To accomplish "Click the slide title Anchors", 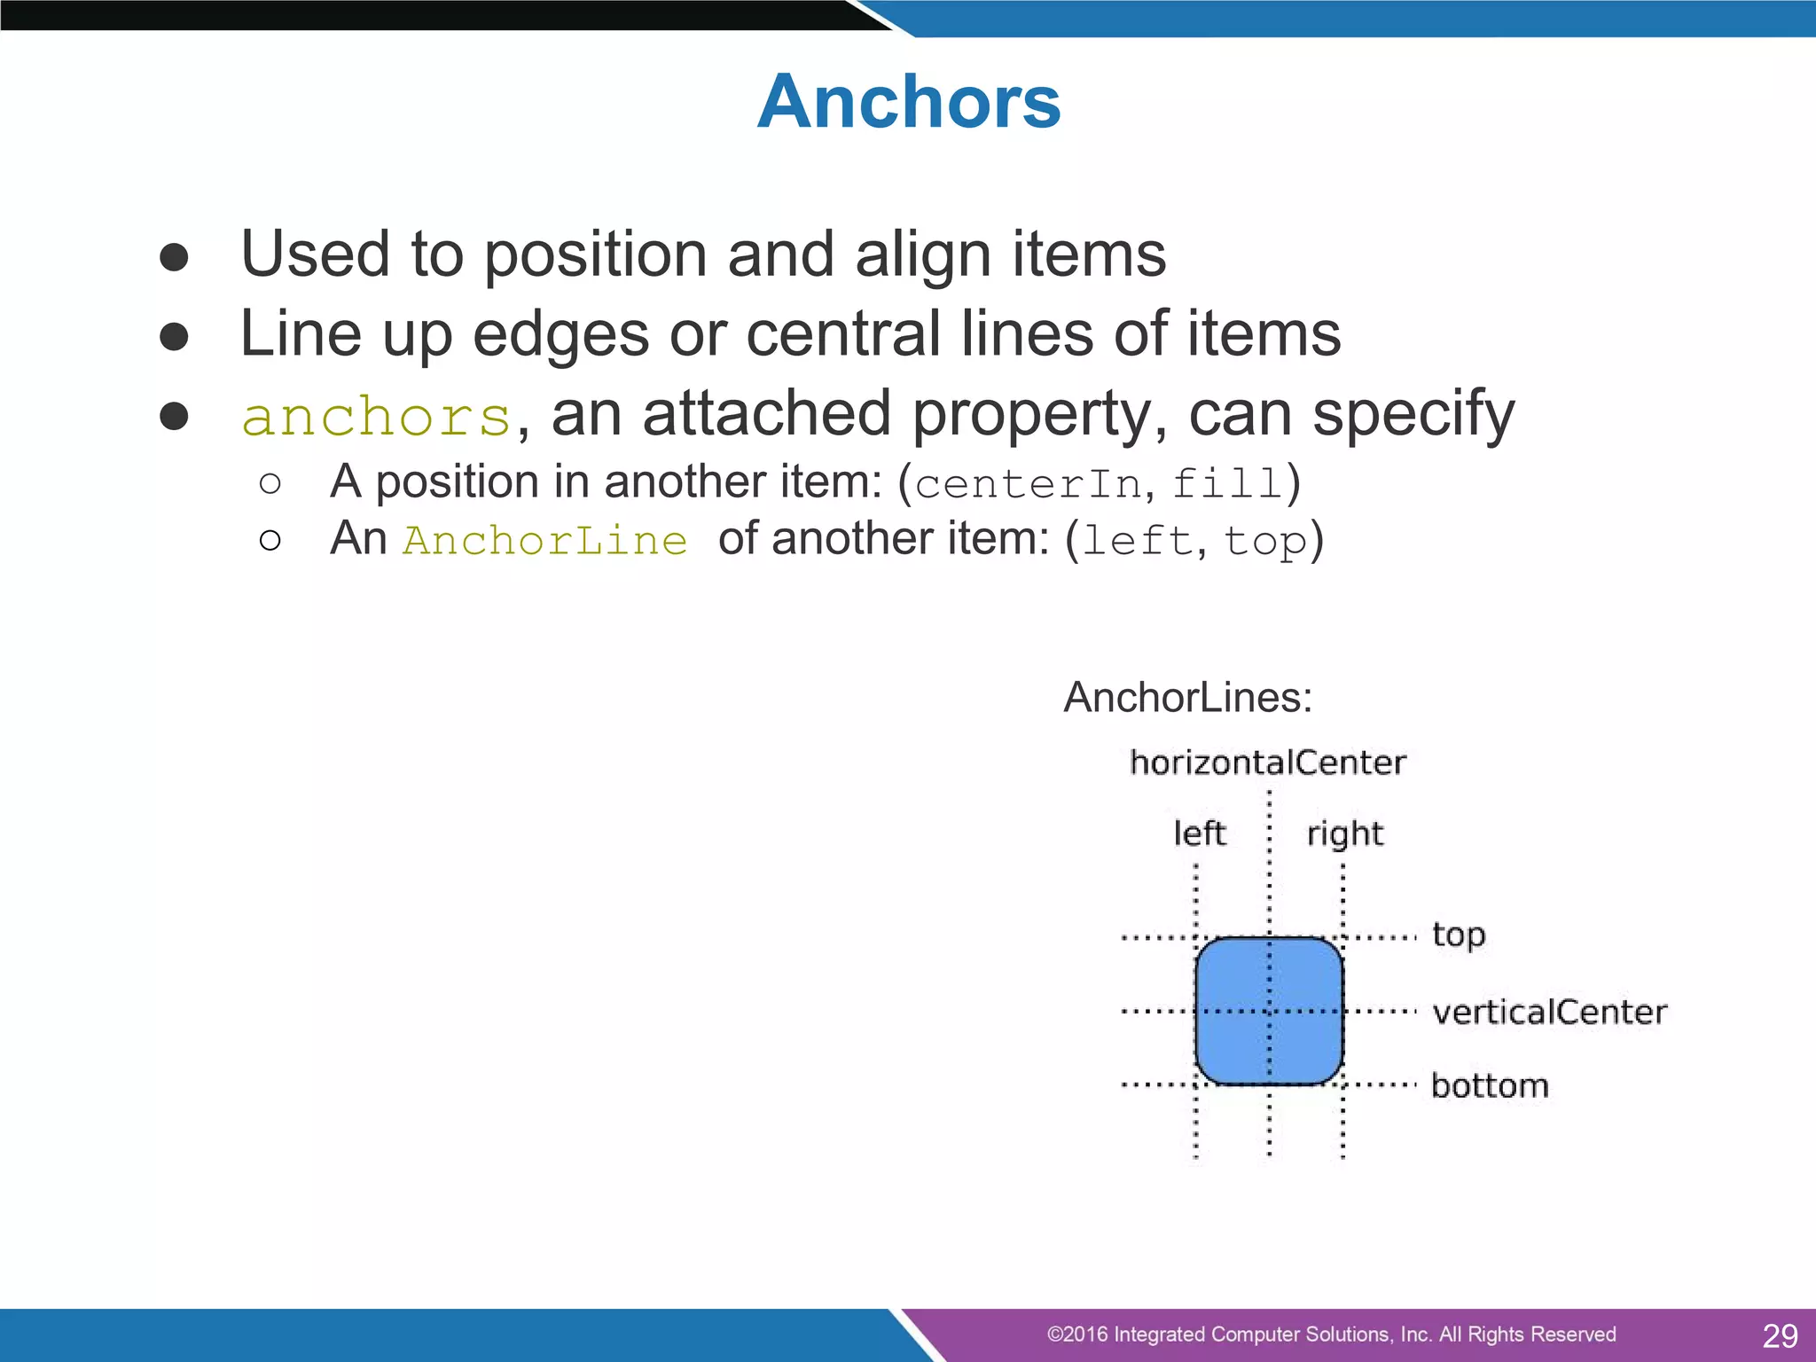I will pos(909,102).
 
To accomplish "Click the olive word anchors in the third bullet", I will pos(377,417).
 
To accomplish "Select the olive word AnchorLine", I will pos(545,541).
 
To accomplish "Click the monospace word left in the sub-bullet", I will pos(1138,541).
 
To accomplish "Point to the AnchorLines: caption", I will pos(1188,697).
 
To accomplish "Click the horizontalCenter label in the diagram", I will pos(1268,763).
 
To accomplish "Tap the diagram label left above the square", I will pos(1199,834).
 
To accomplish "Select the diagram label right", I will pos(1344,834).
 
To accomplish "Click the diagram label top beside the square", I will pos(1459,935).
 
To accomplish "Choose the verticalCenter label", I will pos(1549,1012).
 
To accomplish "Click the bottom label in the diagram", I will pos(1490,1085).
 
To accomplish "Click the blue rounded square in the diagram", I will pos(1233,975).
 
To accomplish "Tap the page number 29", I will pos(1780,1335).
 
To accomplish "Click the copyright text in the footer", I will pos(1331,1335).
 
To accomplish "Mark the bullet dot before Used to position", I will pos(174,257).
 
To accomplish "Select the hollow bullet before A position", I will pos(270,483).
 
